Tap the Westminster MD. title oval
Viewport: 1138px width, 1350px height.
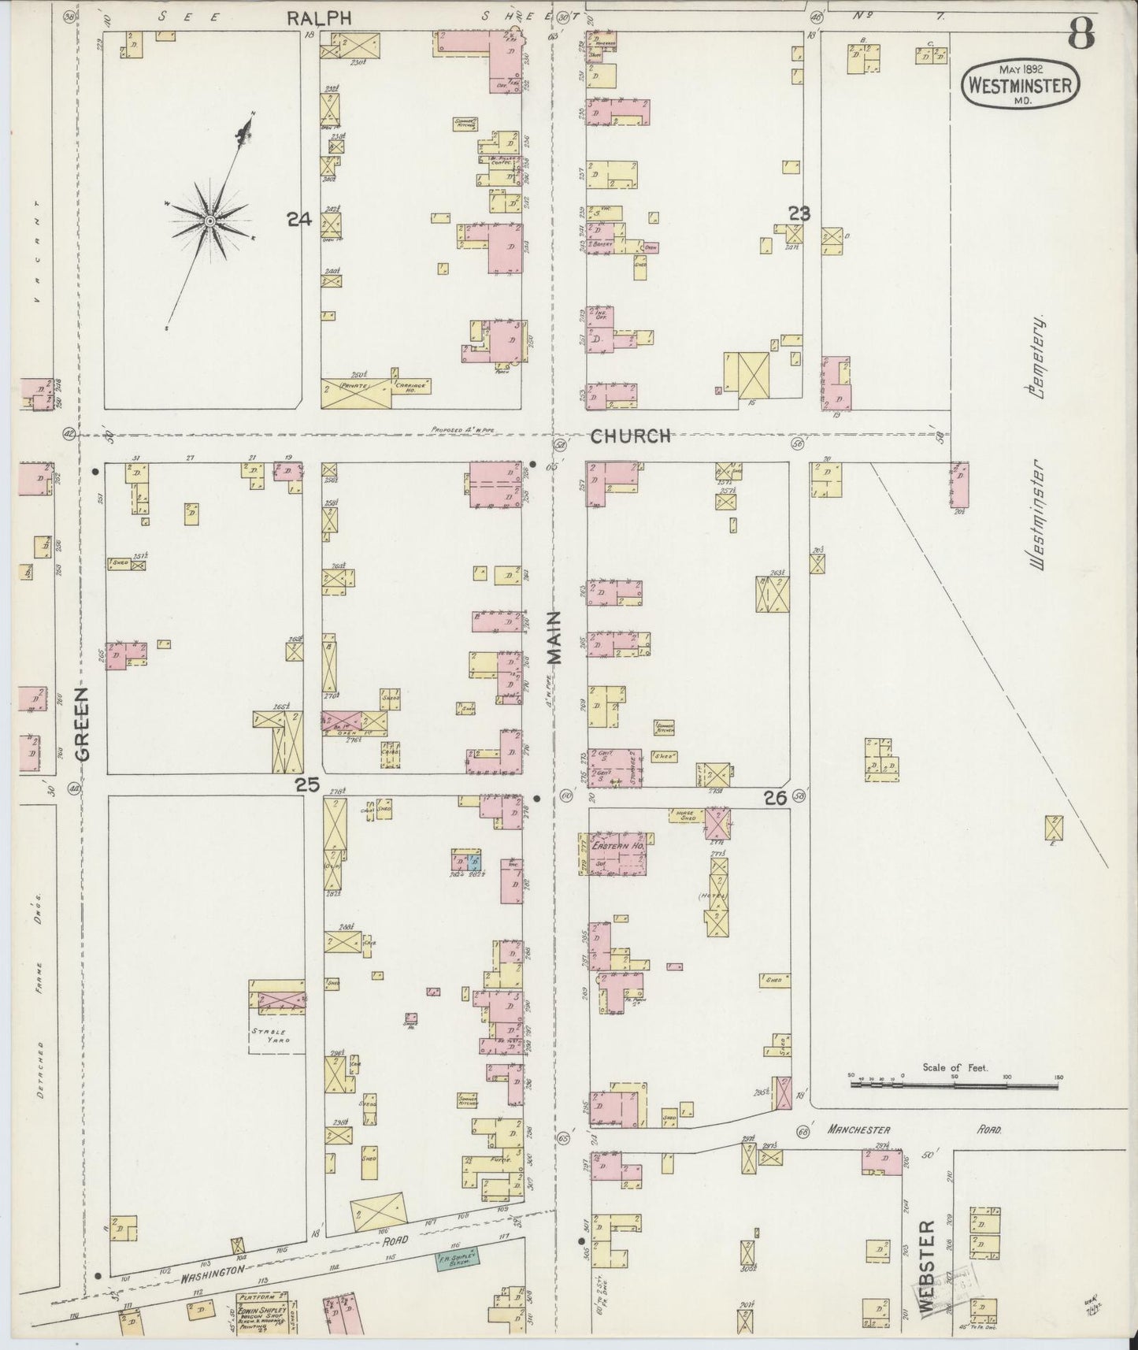[1019, 84]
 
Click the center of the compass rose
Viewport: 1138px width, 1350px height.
[210, 221]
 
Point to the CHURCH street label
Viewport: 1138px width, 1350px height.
[631, 436]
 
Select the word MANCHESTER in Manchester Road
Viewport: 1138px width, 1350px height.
[858, 1129]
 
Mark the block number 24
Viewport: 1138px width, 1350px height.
[298, 221]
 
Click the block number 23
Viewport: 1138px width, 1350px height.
[799, 212]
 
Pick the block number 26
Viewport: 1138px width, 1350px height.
[775, 799]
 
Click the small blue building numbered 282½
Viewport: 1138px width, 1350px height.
[473, 859]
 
